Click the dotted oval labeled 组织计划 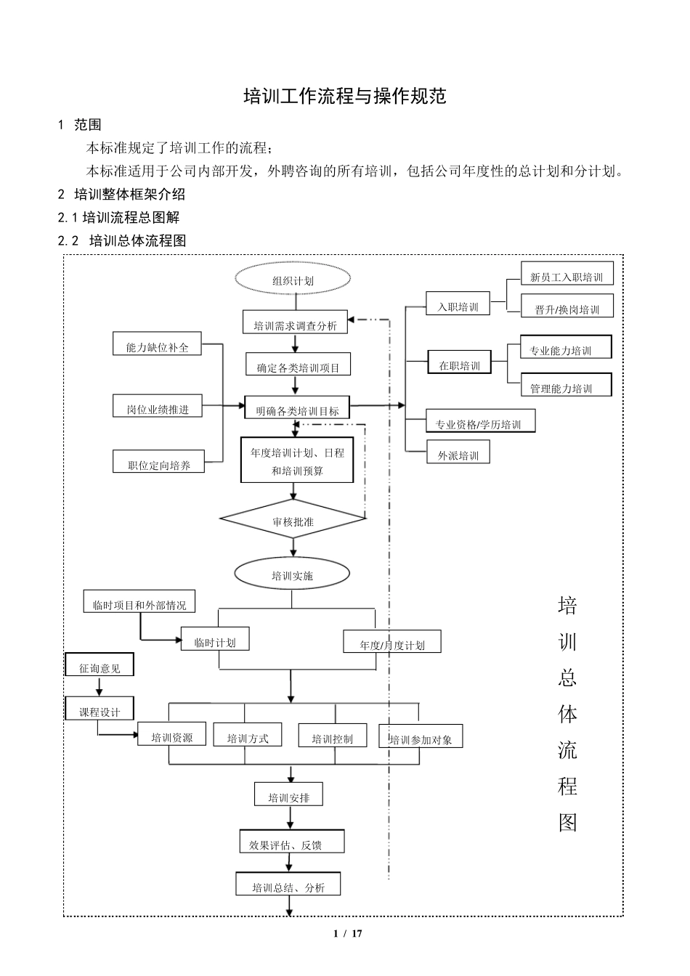click(293, 280)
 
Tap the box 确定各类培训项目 click(298, 366)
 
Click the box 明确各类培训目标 click(297, 410)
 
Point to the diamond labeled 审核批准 click(293, 520)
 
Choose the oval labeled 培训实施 click(292, 574)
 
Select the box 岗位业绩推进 click(157, 408)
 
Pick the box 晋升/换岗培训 click(567, 308)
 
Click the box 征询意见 click(100, 667)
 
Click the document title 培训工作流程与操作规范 click(344, 96)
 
